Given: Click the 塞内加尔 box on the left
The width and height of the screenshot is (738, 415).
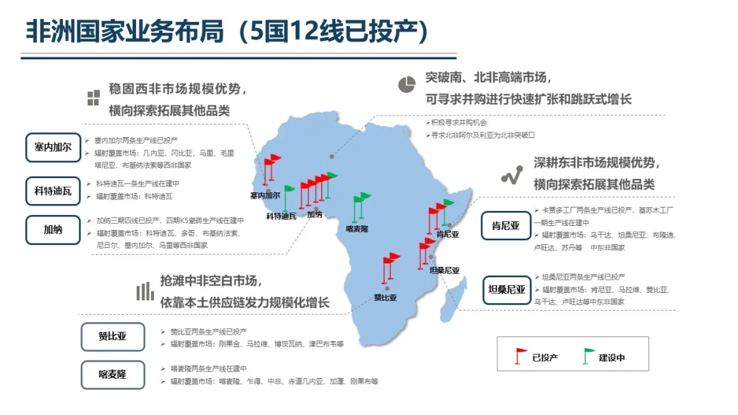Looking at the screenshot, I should coord(53,147).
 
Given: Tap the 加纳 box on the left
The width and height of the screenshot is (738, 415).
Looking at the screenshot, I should coord(53,230).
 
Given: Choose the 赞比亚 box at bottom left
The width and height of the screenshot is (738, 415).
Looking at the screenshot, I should coord(113,337).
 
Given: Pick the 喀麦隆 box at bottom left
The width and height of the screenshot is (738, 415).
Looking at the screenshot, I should coord(113,375).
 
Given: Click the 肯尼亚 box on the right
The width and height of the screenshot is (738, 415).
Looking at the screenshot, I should coord(506,225).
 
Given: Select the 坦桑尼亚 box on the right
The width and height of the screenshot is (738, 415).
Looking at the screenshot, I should coord(506,289).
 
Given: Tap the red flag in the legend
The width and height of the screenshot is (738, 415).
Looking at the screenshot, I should coord(521,356).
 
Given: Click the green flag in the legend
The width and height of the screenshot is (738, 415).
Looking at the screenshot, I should coord(588,356).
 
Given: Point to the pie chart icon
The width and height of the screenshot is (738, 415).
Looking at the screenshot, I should coord(407,83).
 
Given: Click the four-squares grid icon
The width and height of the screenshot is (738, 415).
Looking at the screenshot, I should coord(93,98).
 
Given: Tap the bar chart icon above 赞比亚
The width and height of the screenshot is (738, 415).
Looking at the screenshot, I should coord(144,291).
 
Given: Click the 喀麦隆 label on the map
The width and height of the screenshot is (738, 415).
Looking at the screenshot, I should coord(357,229).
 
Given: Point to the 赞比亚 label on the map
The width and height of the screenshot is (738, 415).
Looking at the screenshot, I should coord(385,298).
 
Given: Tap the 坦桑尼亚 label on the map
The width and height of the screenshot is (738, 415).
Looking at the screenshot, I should coord(444,270).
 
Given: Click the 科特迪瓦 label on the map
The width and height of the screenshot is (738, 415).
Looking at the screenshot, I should coord(281,216).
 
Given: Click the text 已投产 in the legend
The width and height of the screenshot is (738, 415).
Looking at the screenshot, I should coord(545,357).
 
